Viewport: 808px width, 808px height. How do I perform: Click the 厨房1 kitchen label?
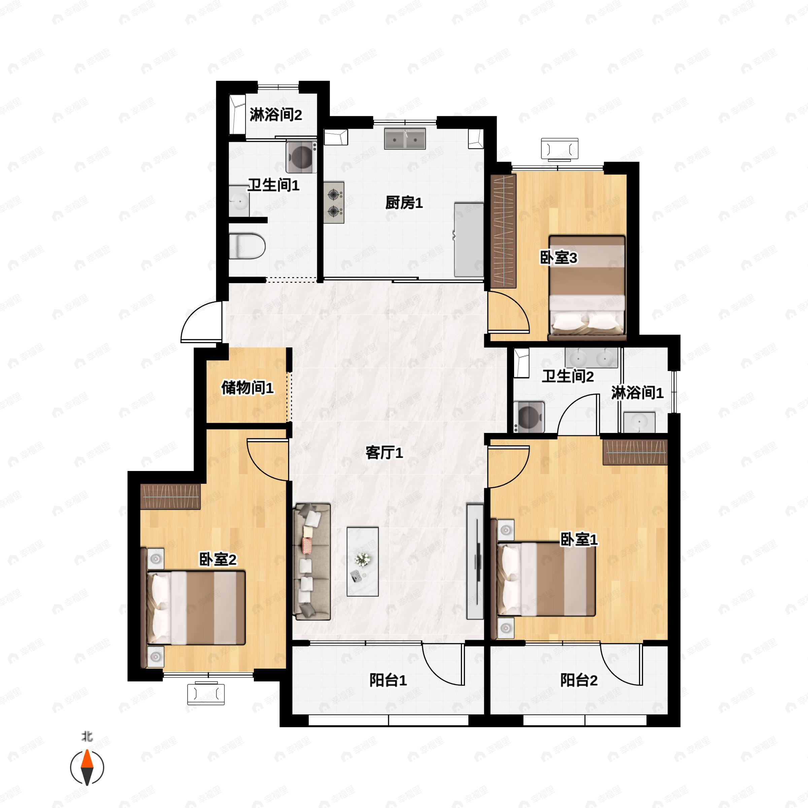point(404,203)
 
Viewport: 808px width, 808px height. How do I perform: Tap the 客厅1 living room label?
point(384,452)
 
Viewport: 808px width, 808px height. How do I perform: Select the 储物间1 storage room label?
point(247,388)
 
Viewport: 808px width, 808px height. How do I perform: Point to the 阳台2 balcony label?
point(579,680)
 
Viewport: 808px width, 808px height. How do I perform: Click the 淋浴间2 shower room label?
point(276,114)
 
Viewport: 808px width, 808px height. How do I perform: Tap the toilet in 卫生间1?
point(247,246)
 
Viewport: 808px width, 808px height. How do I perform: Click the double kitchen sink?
point(405,139)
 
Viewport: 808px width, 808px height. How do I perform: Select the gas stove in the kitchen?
point(334,202)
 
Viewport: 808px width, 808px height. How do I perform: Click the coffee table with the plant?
point(363,561)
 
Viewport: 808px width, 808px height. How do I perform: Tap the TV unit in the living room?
point(475,561)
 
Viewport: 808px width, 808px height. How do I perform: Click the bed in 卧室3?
point(587,288)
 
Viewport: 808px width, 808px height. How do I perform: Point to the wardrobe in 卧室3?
point(504,231)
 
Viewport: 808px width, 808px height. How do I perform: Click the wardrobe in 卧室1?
point(634,452)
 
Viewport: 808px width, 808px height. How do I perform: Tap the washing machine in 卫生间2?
point(529,416)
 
